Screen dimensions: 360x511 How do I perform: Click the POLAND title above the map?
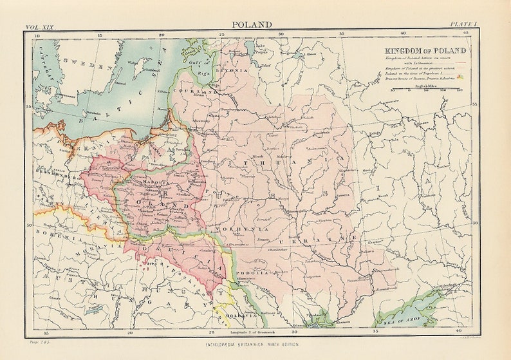tap(252, 24)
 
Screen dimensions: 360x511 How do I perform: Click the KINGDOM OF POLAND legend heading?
tap(425, 50)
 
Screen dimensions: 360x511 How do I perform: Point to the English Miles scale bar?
tap(425, 88)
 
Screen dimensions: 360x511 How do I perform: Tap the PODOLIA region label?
tap(254, 273)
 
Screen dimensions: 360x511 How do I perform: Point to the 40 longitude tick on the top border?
tap(403, 33)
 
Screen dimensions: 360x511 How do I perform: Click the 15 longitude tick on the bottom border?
tap(45, 332)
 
